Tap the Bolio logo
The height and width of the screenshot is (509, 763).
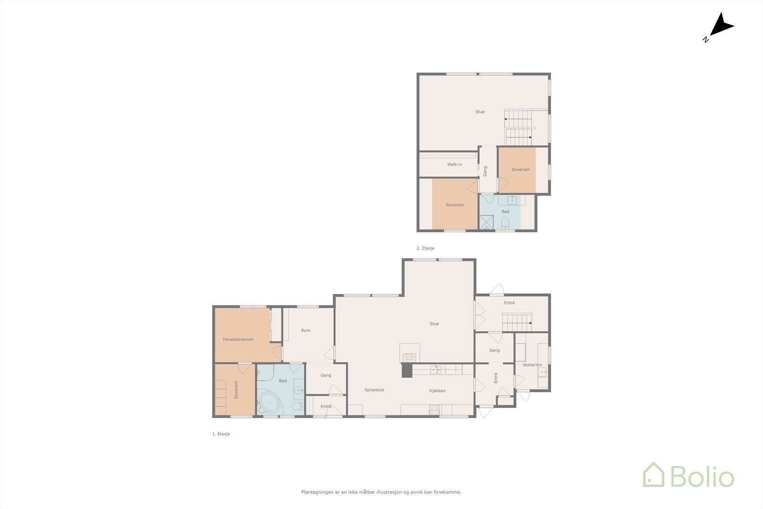click(x=689, y=475)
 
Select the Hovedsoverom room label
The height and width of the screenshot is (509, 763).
click(x=238, y=339)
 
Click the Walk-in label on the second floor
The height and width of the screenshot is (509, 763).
click(x=454, y=164)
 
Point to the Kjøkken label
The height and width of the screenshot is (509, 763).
click(x=437, y=391)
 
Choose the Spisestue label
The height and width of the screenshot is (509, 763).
click(x=374, y=390)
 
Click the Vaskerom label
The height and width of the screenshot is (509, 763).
click(x=532, y=364)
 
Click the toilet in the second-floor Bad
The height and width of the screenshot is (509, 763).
click(x=505, y=223)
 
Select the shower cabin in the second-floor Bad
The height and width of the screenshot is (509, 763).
click(x=486, y=222)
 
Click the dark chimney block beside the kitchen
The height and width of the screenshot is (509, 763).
click(x=407, y=370)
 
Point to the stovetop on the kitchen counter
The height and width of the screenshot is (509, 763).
click(x=434, y=410)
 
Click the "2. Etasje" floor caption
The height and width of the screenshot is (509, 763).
click(x=425, y=248)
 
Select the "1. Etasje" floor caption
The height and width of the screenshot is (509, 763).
click(x=221, y=434)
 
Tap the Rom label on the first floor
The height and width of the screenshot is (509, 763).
click(x=306, y=330)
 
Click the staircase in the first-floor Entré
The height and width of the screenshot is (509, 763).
click(x=517, y=322)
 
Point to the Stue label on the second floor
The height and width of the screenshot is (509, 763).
click(x=480, y=112)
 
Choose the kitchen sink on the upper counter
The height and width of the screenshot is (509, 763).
click(x=436, y=369)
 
